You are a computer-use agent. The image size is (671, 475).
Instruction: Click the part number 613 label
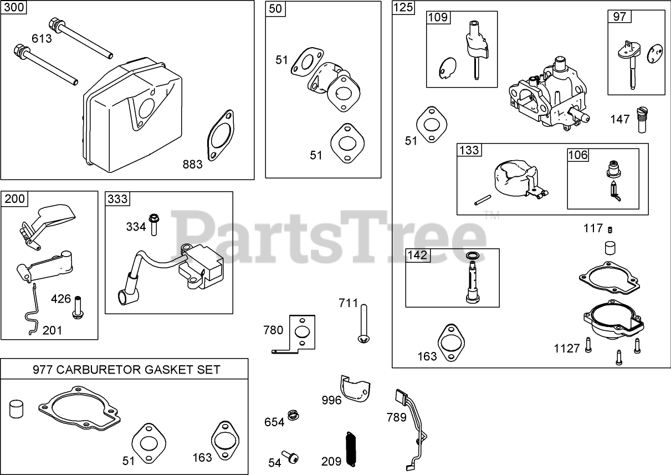click(42, 38)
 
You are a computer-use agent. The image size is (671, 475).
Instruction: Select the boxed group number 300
click(15, 8)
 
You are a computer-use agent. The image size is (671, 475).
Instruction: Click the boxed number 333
click(117, 199)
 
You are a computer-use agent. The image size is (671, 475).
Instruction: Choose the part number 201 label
click(52, 330)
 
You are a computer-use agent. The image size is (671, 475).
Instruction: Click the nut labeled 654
click(293, 415)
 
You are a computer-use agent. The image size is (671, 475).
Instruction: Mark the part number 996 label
click(332, 400)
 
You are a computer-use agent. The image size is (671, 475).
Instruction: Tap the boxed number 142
click(417, 256)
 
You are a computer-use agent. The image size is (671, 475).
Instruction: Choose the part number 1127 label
click(566, 348)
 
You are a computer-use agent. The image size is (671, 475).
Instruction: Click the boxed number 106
click(578, 155)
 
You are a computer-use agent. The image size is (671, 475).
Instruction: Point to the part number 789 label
click(396, 417)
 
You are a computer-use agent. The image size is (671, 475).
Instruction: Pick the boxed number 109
click(438, 17)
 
